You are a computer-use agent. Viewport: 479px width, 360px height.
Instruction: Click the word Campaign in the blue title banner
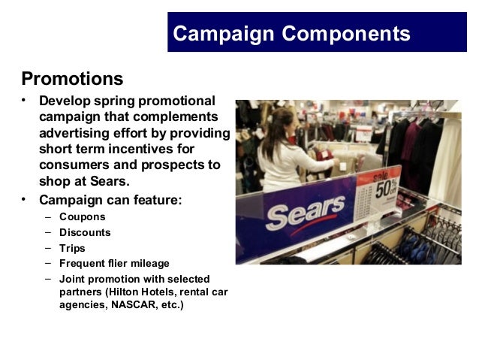pos(223,34)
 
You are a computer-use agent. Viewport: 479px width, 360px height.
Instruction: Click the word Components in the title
pos(346,34)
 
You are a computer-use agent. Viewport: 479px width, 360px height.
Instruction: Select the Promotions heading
pos(72,78)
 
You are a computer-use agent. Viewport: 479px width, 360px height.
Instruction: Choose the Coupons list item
pos(83,216)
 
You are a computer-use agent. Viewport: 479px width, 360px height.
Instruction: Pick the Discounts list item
pos(85,232)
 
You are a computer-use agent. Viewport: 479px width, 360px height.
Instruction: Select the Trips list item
pos(72,248)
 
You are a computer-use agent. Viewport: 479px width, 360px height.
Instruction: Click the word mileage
pos(148,263)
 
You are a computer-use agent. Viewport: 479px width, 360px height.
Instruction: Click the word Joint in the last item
pos(73,278)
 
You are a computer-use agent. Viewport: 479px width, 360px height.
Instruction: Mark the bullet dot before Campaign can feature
pos(25,199)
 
